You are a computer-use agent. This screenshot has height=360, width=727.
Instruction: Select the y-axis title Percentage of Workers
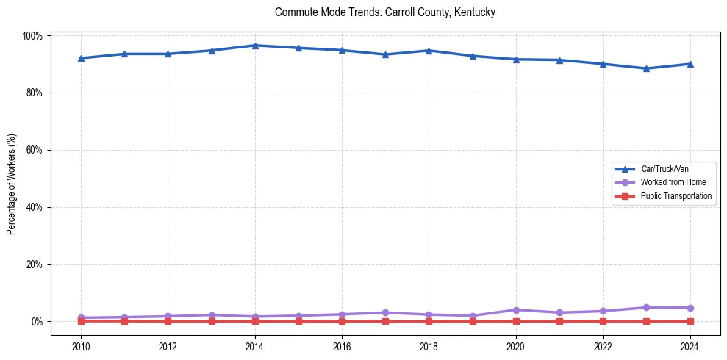coord(12,179)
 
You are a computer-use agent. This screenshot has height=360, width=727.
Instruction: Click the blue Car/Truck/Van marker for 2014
coord(255,46)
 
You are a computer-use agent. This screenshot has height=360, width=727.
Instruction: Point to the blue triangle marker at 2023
coord(646,68)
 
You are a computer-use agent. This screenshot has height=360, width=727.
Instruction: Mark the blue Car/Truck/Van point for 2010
coord(81,58)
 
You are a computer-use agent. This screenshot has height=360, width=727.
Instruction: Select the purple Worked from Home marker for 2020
coord(516,310)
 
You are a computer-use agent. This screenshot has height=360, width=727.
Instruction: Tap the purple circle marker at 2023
coord(646,307)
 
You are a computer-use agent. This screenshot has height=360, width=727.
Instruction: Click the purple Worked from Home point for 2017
coord(385,312)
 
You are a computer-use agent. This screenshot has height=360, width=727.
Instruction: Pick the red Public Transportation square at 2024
coord(690,321)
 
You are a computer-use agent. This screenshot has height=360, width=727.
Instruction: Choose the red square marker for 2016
coord(342,321)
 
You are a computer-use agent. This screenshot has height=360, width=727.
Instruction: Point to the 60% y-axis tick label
coord(37,150)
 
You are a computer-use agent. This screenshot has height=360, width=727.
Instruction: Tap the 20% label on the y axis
coord(37,264)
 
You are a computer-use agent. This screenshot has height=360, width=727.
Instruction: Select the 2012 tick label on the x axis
coord(168,346)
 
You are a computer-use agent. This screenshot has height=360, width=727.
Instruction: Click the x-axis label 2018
coord(429,346)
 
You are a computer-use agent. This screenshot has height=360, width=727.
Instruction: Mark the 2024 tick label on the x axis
coord(690,346)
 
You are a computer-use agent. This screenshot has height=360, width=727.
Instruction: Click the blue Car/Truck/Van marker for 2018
coord(429,51)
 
